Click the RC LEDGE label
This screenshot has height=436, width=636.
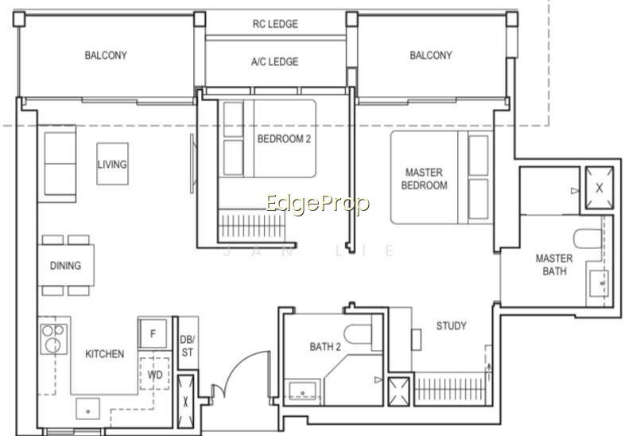275,24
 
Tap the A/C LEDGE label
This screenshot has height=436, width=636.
274,62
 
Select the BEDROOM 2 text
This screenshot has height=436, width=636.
284,139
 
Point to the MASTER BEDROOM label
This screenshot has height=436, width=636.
425,179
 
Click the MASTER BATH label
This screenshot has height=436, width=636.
554,265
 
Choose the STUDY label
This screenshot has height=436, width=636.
451,325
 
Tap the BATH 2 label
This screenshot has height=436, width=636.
325,347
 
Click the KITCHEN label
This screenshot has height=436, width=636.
105,354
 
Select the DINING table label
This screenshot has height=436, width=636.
65,266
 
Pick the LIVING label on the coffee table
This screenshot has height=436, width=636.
112,165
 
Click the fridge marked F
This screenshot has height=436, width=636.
153,333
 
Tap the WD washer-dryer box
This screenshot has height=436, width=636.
154,374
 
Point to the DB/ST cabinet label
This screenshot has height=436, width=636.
188,346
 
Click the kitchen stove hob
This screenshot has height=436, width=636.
54,339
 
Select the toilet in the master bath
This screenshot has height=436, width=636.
588,239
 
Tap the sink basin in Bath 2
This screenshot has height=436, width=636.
303,390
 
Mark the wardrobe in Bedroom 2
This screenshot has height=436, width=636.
251,226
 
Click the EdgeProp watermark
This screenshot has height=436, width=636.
317,204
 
